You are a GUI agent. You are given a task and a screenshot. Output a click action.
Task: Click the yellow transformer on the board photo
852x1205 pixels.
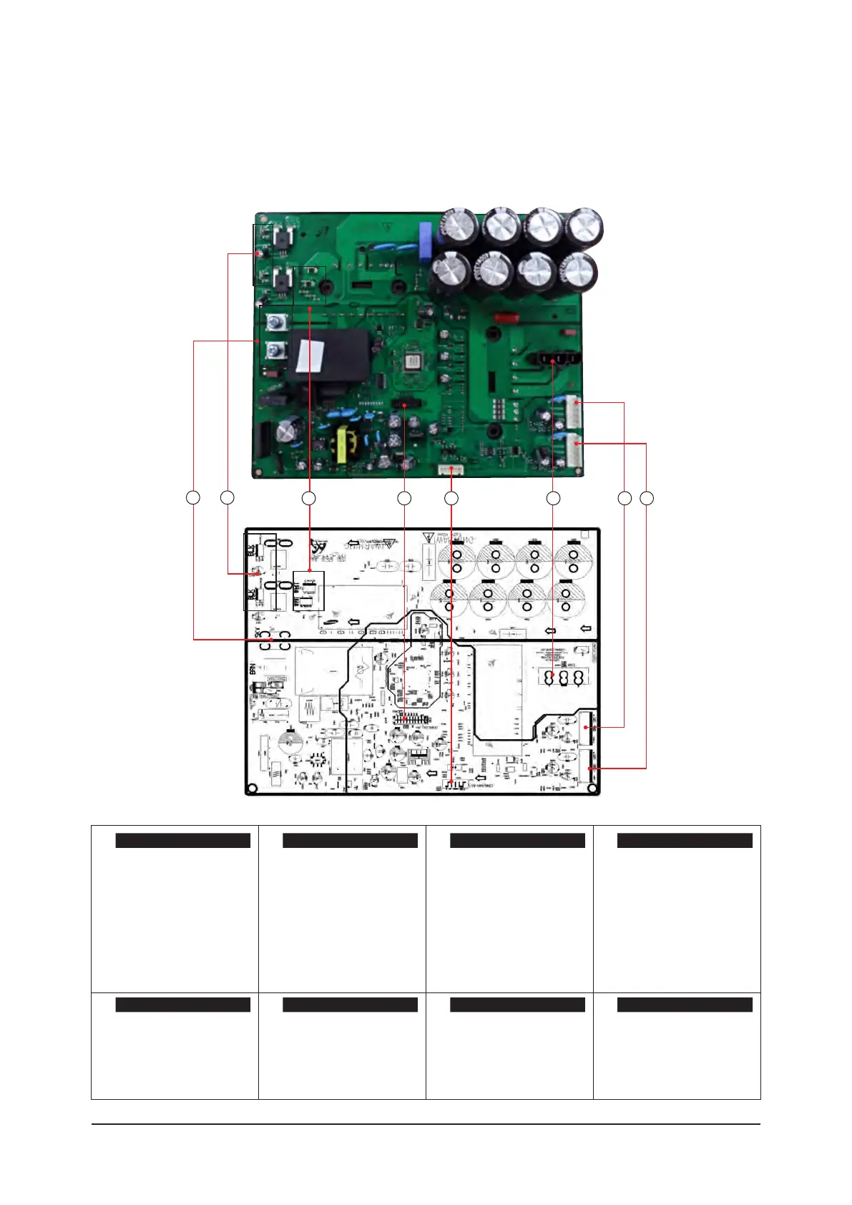346,444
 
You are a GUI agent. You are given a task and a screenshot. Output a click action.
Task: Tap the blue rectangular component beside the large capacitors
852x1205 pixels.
426,238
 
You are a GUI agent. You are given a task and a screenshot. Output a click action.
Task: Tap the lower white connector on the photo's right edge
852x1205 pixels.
575,452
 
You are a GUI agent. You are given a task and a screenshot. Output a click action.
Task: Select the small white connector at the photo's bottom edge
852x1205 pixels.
450,470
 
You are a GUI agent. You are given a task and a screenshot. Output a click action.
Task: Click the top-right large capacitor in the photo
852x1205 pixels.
584,228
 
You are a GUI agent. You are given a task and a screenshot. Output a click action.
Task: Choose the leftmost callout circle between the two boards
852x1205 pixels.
193,497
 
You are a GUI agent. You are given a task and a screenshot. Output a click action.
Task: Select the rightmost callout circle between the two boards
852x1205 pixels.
647,497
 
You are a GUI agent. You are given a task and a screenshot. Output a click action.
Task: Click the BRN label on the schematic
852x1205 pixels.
253,669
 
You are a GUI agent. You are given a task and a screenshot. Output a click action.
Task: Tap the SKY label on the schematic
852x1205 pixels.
258,633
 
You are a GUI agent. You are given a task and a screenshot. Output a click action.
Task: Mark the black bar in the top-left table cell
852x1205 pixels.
182,841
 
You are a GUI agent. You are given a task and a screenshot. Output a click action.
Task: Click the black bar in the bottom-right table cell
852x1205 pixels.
685,1005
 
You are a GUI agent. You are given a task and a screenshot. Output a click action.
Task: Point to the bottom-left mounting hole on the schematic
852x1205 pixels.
251,789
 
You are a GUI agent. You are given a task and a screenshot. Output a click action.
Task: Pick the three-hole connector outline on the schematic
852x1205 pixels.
562,678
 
